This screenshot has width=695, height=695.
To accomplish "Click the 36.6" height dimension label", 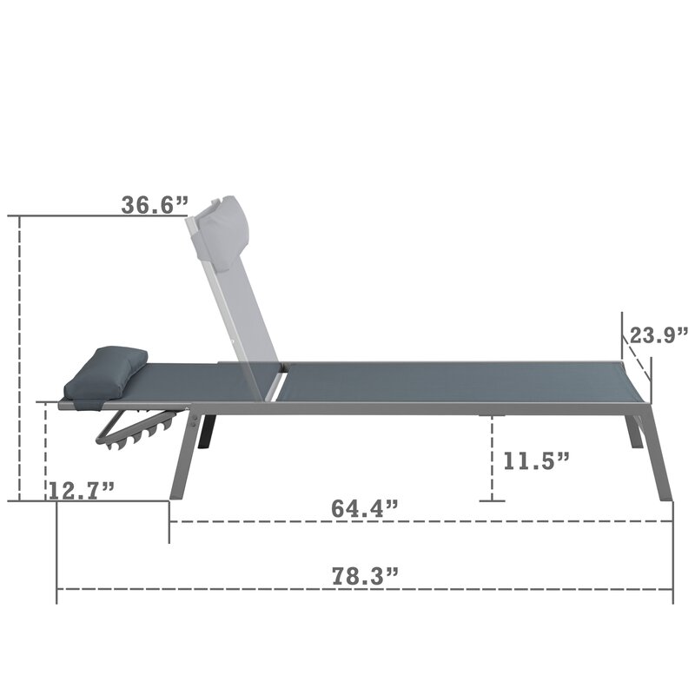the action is tap(155, 205).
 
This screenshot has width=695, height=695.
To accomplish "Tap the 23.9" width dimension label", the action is tap(659, 335).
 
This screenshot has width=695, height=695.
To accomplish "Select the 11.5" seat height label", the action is tap(536, 461).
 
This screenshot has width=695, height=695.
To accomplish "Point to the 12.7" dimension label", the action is tap(82, 491).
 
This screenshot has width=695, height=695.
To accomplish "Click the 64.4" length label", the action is tap(365, 508).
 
